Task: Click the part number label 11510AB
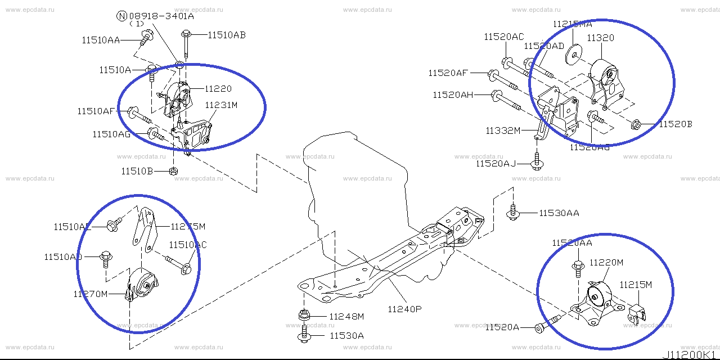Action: click(x=226, y=35)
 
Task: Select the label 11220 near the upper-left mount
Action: click(x=218, y=88)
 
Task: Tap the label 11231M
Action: click(x=221, y=105)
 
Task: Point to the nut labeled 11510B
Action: click(x=174, y=170)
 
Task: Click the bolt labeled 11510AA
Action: click(x=147, y=38)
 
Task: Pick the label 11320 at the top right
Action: click(x=601, y=38)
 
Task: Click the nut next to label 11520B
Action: click(x=636, y=124)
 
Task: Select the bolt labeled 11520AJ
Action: click(x=537, y=163)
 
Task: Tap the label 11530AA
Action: click(x=559, y=213)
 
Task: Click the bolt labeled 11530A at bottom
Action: click(x=304, y=336)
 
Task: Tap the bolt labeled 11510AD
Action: click(x=106, y=258)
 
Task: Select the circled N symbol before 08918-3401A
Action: click(x=121, y=16)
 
